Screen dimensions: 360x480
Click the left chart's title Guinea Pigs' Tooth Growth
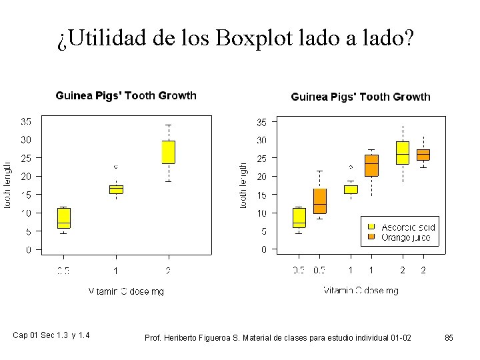tap(125, 95)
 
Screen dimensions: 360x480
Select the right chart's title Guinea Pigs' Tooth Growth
tap(361, 97)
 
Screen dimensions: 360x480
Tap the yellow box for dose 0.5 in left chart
tap(64, 218)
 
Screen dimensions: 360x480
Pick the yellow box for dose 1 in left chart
tap(116, 189)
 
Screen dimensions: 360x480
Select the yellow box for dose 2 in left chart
tap(168, 152)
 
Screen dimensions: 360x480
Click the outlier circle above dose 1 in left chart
tap(116, 166)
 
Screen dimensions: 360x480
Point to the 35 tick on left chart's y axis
tap(26, 122)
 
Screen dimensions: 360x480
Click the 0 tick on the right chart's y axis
tap(264, 249)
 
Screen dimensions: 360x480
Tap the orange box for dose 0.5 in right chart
tap(320, 201)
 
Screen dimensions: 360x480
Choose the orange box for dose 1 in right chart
tap(371, 165)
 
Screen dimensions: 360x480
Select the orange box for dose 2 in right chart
tap(423, 155)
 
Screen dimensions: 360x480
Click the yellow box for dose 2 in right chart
tap(402, 153)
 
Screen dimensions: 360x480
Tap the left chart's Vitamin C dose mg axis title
tap(126, 291)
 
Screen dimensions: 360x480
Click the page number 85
tap(449, 338)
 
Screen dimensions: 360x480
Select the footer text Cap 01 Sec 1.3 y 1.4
tap(51, 335)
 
